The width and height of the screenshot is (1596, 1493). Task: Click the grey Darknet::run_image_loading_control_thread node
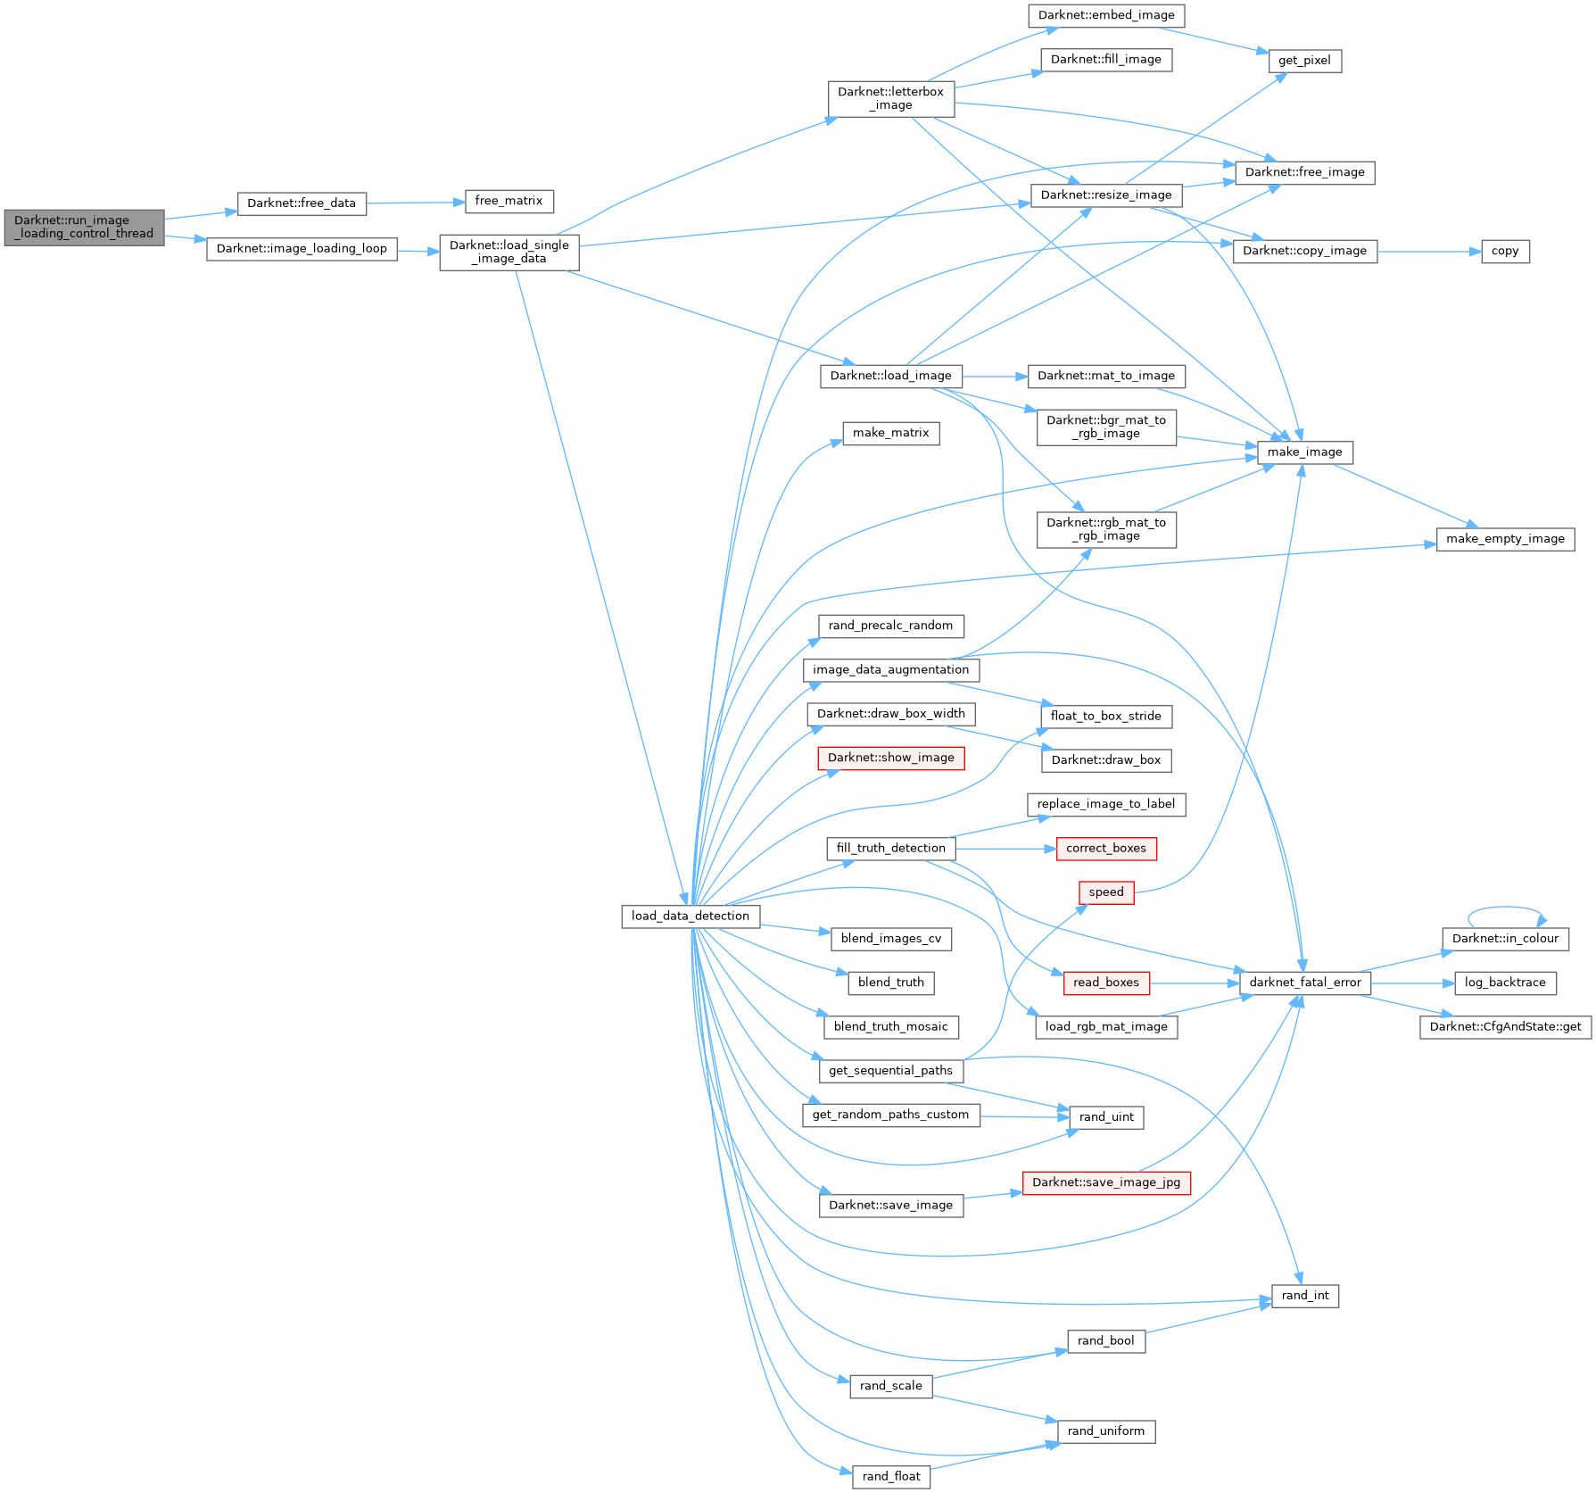[84, 228]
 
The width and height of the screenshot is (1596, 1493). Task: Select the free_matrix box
[509, 201]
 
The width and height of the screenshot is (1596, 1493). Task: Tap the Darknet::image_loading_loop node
[302, 249]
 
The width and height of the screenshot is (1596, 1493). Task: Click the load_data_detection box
[690, 916]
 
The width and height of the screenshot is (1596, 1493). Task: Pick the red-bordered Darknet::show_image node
[890, 758]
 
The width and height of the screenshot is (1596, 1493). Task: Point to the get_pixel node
[1304, 61]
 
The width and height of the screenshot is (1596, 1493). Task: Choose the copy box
[1505, 252]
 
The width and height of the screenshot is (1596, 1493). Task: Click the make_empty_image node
[1505, 539]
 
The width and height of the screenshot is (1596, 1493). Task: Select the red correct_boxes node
[1106, 849]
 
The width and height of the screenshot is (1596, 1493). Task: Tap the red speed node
[1106, 892]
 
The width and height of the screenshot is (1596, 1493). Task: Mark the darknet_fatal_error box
[1305, 983]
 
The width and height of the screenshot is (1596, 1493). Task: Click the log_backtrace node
[1505, 983]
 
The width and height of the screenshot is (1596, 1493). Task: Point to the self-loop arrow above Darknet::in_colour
[1506, 908]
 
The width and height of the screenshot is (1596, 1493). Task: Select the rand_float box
[891, 1477]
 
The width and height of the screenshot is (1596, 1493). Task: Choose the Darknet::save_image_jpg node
[1106, 1182]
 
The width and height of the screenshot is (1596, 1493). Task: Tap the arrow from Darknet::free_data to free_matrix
[416, 203]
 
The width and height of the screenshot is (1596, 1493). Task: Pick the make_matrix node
[890, 434]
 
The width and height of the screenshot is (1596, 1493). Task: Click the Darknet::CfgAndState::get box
[1505, 1027]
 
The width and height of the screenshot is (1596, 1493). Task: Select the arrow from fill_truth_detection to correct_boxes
[1005, 849]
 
